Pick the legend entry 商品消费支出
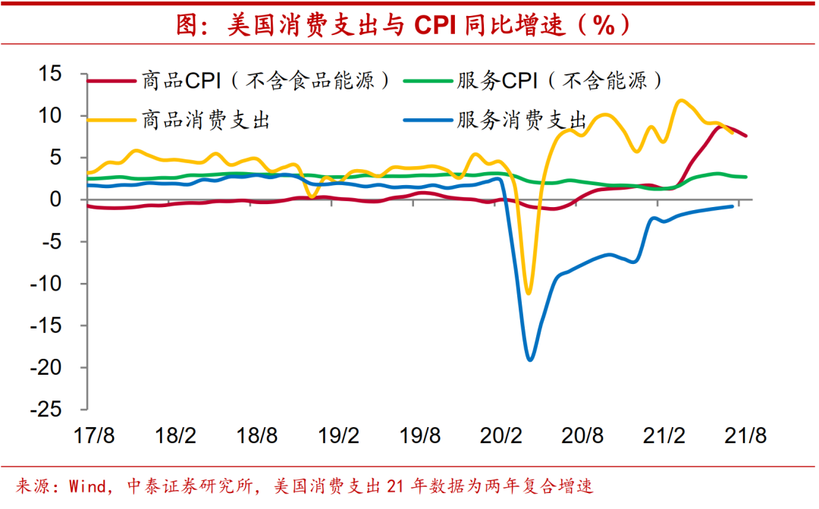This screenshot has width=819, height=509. [x=206, y=119]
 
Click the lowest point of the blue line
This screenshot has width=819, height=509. [x=530, y=360]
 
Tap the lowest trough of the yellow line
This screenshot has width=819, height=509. [x=529, y=293]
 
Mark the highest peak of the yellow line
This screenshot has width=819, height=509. [x=680, y=100]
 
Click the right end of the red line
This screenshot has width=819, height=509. [x=746, y=136]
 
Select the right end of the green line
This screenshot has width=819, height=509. [x=746, y=177]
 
